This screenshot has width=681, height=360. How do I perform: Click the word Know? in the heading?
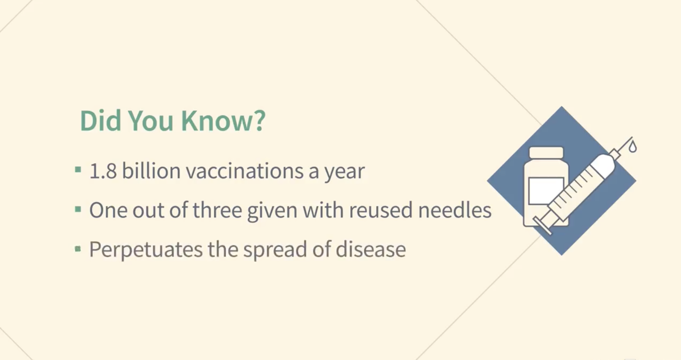[x=223, y=121]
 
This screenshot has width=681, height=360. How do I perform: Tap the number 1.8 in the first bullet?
[x=103, y=171]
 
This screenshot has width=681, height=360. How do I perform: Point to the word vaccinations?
[x=245, y=171]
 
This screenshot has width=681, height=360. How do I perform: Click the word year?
[x=345, y=172]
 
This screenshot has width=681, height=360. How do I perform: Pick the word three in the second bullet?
[x=217, y=210]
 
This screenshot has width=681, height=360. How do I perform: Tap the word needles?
[x=455, y=210]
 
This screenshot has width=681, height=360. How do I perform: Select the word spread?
[x=275, y=250]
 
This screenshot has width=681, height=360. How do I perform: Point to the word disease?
[x=371, y=249]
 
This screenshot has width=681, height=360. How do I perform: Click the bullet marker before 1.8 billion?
[x=78, y=170]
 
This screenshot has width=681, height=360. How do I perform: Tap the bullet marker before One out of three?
[x=78, y=209]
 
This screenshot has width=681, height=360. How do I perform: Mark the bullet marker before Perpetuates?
[x=78, y=249]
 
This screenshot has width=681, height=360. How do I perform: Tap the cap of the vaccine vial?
[x=546, y=153]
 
